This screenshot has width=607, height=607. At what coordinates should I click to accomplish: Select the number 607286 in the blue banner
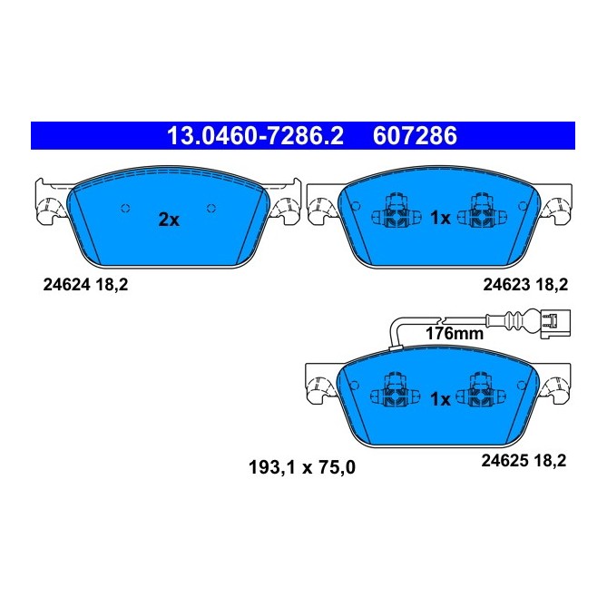tap(416, 136)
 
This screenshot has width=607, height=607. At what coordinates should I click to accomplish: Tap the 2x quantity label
tap(169, 219)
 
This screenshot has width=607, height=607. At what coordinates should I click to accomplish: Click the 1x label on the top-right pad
tap(440, 218)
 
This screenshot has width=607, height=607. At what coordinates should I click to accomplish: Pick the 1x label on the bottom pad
tap(440, 398)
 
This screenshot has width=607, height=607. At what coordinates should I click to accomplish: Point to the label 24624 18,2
tap(86, 284)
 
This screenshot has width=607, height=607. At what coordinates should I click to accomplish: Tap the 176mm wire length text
tap(455, 334)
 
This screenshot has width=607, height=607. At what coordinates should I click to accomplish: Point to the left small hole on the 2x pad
tap(126, 207)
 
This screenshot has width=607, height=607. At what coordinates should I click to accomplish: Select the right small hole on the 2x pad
tap(210, 207)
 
